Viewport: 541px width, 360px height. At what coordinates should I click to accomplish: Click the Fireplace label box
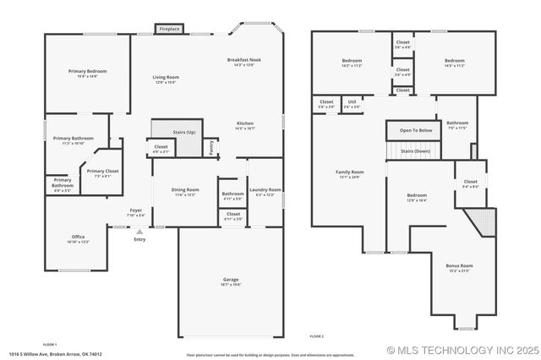point(169,30)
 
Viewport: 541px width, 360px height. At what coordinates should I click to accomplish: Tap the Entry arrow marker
point(139,232)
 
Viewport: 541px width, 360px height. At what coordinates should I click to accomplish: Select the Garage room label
point(231,280)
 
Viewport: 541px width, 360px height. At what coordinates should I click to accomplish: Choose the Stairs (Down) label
point(415,150)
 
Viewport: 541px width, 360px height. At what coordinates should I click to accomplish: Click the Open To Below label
point(415,130)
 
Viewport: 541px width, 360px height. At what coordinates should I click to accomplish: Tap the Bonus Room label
point(460,266)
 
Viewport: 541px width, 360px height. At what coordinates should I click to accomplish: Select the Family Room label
point(350,172)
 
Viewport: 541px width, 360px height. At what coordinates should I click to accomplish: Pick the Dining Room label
point(185,190)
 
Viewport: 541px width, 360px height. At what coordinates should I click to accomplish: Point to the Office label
point(78,237)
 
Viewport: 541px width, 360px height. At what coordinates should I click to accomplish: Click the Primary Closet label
point(102,171)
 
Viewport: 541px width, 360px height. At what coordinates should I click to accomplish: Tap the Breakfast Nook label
point(243,60)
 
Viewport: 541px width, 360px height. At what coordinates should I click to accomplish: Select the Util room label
point(352,101)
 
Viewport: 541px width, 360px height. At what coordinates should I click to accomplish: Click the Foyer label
point(135,210)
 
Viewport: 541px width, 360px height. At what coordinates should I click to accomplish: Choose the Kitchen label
point(245,123)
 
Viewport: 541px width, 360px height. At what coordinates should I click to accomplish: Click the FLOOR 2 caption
point(316,336)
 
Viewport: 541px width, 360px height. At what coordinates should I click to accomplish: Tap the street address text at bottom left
point(56,354)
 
